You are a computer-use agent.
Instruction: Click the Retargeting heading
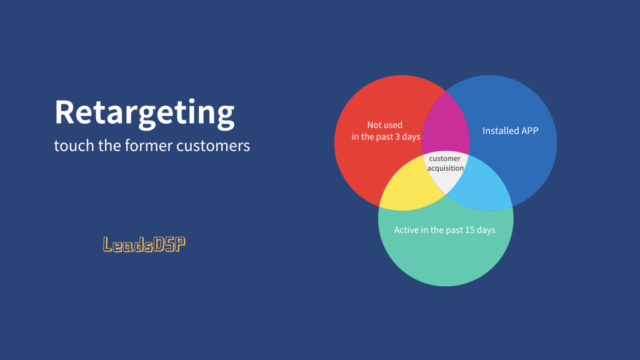coord(144,113)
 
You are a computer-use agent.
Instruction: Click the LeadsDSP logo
coord(144,244)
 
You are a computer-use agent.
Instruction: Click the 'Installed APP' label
coord(510,131)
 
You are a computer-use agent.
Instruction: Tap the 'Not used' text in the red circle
coord(385,125)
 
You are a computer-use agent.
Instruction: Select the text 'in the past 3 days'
coord(386,137)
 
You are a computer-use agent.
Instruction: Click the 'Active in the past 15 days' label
coord(444,230)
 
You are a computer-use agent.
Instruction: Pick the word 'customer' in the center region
coord(444,158)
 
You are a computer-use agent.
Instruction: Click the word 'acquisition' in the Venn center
coord(445,168)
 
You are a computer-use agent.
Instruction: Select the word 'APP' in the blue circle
coord(529,131)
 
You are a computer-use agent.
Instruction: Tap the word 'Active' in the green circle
coord(406,230)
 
